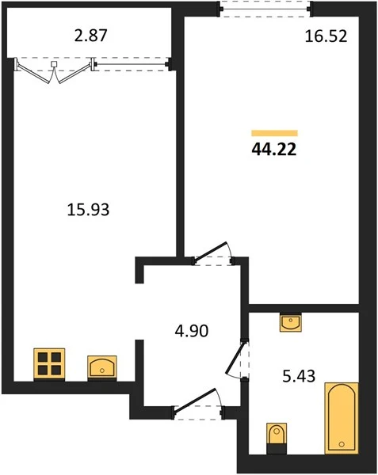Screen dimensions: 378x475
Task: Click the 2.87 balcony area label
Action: (90, 36)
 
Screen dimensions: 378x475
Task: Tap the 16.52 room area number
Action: (326, 36)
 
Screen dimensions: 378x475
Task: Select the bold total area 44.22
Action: (274, 150)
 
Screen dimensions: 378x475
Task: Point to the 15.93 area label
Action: (88, 210)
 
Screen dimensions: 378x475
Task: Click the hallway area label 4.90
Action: (192, 331)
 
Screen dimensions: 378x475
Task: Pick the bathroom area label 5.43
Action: (299, 376)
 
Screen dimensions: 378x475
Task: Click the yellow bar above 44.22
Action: (274, 133)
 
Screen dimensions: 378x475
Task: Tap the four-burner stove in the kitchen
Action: (49, 364)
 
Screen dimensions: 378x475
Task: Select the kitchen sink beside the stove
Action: (102, 367)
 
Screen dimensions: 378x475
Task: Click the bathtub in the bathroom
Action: (342, 418)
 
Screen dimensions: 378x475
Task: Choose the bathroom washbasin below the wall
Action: (291, 322)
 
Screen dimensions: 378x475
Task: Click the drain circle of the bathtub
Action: (342, 444)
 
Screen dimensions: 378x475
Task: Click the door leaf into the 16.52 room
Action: (210, 251)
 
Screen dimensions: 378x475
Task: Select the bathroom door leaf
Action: (235, 357)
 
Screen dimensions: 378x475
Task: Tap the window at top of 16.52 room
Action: (265, 9)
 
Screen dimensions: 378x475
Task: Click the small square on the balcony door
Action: (54, 64)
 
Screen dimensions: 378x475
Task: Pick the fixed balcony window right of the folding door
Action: (132, 64)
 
